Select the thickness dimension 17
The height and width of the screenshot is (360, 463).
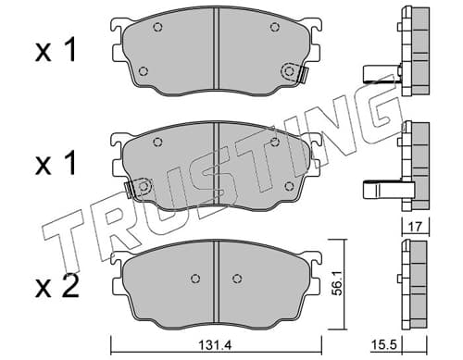click(415, 227)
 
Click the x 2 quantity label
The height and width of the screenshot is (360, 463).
click(56, 287)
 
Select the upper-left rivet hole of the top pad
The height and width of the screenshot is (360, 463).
click(157, 27)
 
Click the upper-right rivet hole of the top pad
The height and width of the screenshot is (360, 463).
click(274, 27)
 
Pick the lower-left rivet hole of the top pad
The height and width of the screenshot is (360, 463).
click(143, 71)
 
